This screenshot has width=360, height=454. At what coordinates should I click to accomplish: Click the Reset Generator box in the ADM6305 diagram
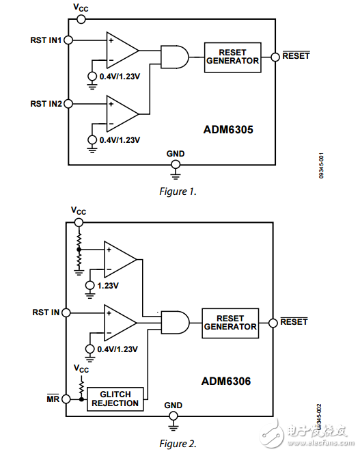click(233, 56)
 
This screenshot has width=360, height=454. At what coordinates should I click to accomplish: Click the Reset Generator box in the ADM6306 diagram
click(230, 322)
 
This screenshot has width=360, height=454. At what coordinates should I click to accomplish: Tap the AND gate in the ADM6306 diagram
click(172, 321)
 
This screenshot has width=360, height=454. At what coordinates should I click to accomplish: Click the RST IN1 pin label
click(46, 40)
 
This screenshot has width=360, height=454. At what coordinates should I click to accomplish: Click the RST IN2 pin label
click(46, 104)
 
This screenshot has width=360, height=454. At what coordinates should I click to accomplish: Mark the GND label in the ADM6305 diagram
click(176, 154)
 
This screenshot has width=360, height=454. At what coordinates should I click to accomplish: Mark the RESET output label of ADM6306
click(294, 321)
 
